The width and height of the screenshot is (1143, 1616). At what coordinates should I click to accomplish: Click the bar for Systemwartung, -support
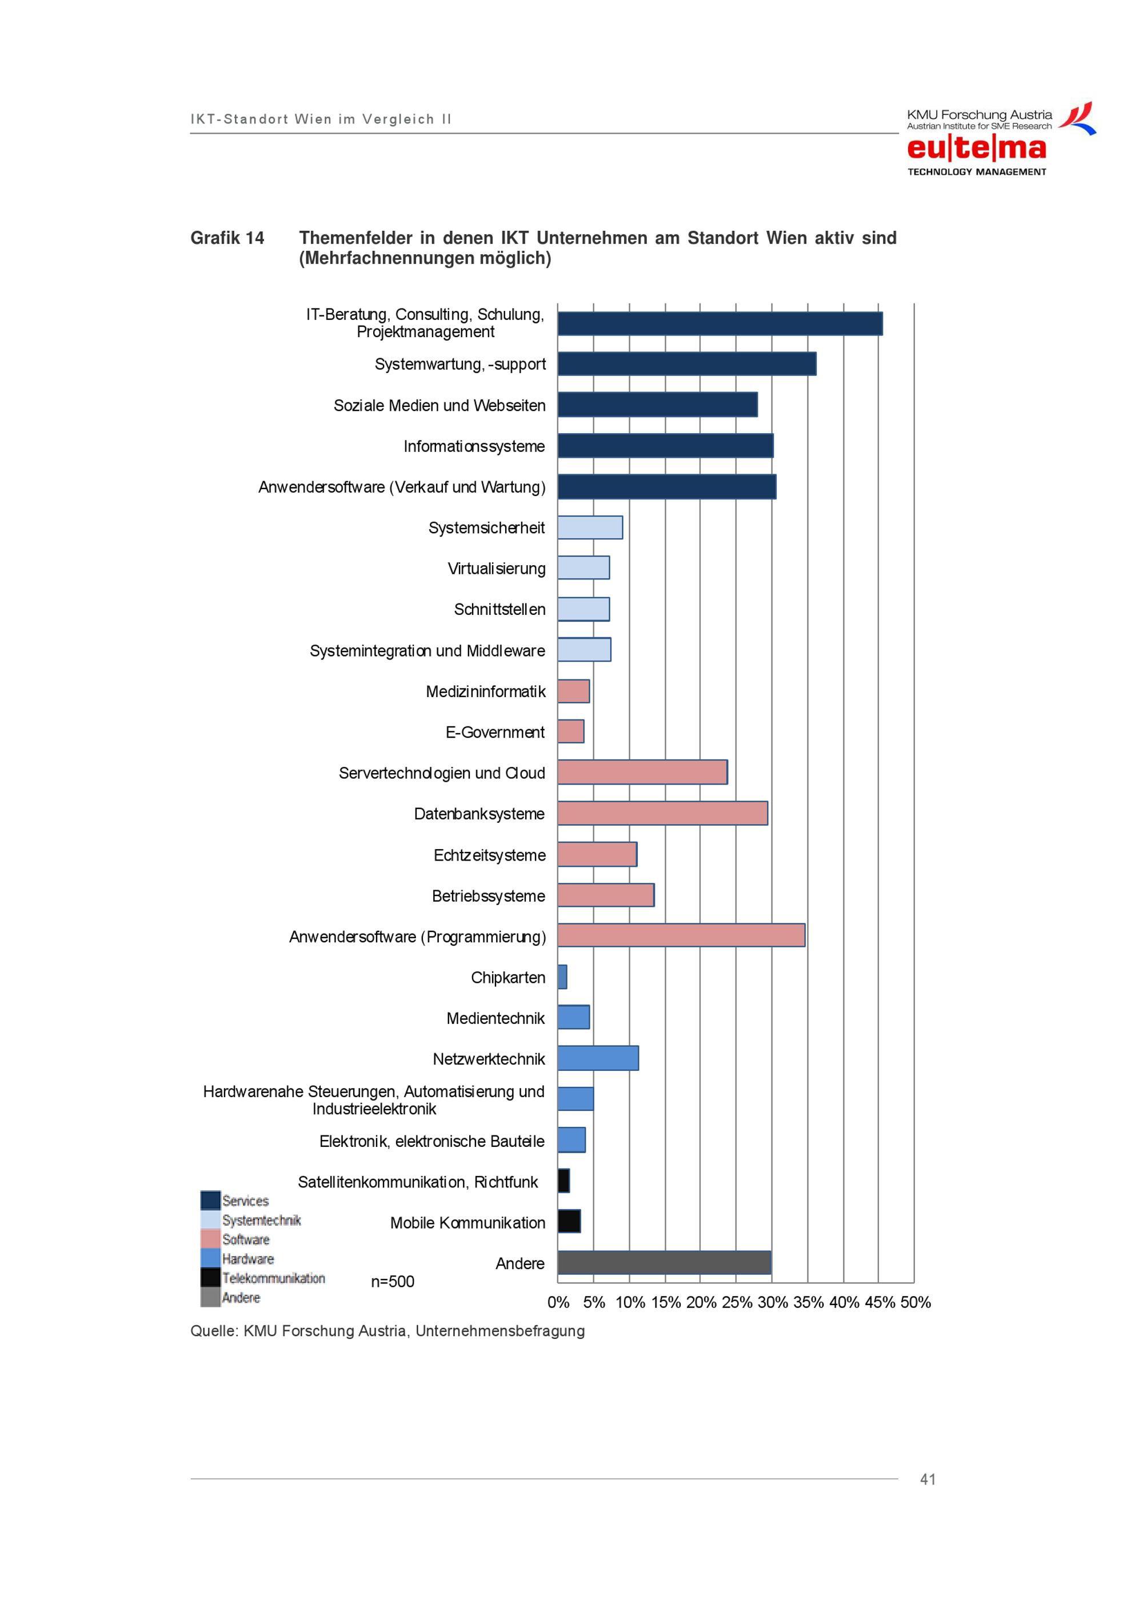tap(687, 364)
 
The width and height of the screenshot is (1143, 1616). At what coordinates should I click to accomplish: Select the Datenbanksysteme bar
tap(663, 813)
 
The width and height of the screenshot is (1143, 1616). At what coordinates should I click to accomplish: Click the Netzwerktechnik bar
tap(598, 1058)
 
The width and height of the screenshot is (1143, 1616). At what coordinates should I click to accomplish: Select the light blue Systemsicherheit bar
tap(590, 527)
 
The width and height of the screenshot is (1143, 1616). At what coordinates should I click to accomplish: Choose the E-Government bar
tap(571, 731)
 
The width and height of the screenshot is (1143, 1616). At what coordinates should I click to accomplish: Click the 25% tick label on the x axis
tap(736, 1302)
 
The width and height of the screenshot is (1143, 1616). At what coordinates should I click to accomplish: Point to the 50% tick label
tap(916, 1302)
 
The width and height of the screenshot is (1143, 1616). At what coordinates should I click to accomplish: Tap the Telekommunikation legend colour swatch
tap(210, 1278)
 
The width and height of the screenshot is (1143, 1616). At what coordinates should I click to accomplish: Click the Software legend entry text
tap(246, 1239)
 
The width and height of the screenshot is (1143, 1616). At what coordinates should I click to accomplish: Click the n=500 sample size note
tap(393, 1282)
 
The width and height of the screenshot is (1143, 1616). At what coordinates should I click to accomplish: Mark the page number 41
tap(928, 1479)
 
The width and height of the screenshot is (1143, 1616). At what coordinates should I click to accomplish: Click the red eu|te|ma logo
tap(976, 148)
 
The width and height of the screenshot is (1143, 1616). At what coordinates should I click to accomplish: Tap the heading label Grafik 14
tap(227, 238)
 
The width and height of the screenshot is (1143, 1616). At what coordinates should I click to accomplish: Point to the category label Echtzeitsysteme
tap(490, 855)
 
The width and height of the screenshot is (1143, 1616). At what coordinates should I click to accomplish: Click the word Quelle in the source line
tap(214, 1331)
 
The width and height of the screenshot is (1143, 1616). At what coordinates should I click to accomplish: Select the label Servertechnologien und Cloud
tap(442, 773)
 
